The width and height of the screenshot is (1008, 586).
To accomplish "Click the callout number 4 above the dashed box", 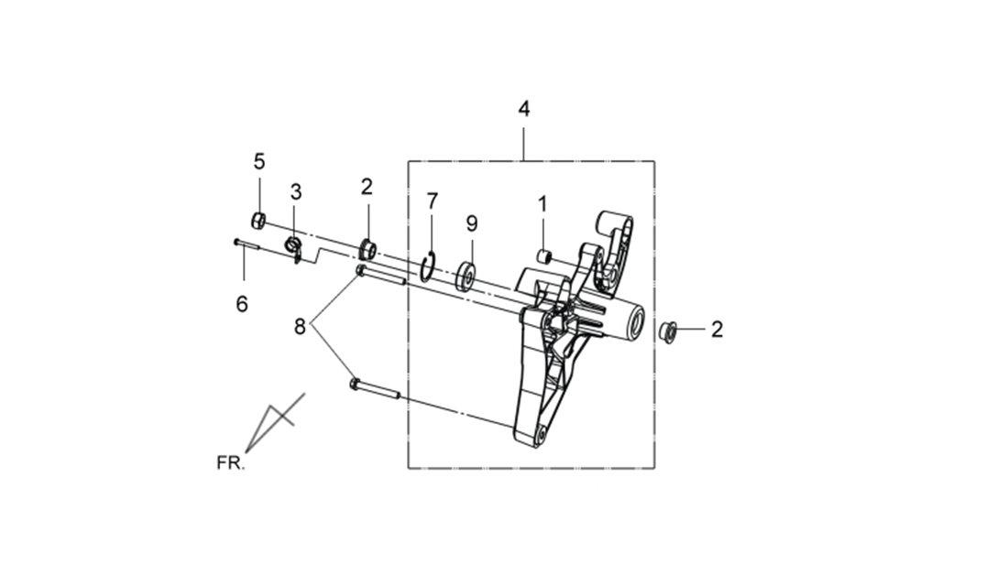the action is pos(524,109).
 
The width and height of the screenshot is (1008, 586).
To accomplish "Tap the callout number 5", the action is pos(259,161).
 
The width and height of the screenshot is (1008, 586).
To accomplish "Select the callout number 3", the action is pos(296,191).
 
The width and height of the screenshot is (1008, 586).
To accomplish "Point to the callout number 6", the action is pos(242,304).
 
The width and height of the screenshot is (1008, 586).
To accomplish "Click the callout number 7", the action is pos(432,201).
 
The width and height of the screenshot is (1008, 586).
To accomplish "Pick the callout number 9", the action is pos(472,223).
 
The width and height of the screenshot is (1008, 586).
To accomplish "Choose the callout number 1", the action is pos(542,204).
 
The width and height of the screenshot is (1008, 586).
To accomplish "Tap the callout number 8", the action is pos(300,327).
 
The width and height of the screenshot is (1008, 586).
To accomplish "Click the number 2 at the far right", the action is pos(717,330).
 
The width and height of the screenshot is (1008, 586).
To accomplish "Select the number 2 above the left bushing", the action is pos(367,187).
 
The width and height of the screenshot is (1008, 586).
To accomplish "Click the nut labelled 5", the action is pos(258,221).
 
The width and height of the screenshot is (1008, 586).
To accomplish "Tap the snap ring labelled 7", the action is pos(428,266).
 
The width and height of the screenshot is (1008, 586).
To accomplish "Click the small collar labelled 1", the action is pos(545,256).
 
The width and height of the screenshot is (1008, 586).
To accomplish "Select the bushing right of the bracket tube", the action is pos(668,331).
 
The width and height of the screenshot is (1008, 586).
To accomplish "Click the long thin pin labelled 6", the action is pos(246,243).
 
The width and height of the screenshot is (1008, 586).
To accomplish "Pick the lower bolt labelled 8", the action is pos(375,389).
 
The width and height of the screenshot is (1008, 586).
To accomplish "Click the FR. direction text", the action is pos(231,462).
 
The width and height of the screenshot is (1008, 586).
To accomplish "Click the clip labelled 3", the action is pos(294,249).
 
